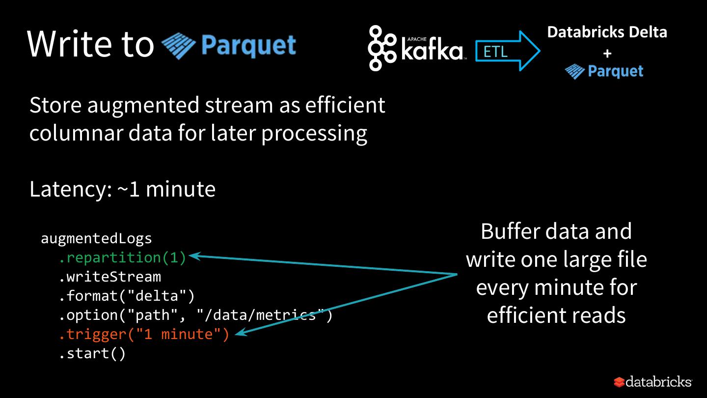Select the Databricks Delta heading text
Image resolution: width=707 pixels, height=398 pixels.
[607, 32]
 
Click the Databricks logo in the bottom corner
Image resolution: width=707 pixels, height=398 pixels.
[653, 382]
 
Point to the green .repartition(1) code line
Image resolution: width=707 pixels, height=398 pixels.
[123, 257]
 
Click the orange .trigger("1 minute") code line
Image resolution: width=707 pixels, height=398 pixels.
[144, 335]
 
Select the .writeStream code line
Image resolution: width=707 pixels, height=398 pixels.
[110, 277]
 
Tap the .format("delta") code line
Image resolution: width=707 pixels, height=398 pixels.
[127, 296]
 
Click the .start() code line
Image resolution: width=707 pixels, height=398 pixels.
[92, 354]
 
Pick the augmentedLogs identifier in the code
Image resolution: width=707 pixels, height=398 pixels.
[97, 239]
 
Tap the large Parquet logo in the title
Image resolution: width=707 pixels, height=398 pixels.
[229, 46]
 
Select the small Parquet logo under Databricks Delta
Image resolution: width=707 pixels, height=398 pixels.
[604, 72]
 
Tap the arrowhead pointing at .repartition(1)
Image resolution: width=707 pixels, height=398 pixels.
[194, 256]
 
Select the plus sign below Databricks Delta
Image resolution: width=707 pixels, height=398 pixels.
[607, 53]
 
